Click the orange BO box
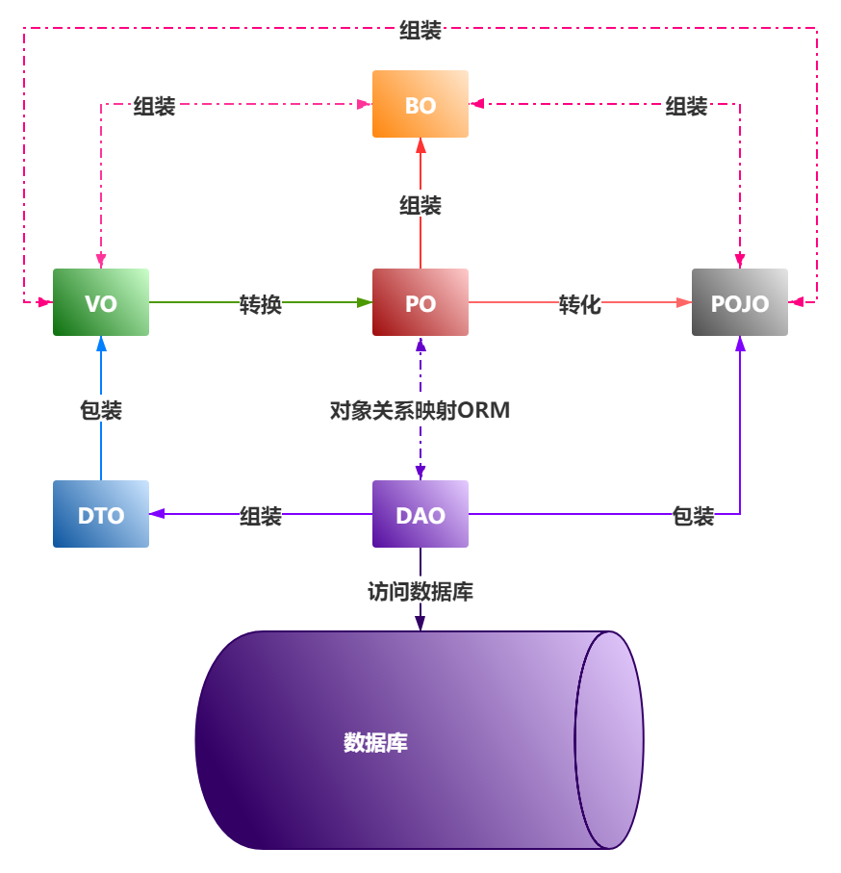420,104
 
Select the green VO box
101,302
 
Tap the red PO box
420,302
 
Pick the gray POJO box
740,302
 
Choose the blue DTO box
101,514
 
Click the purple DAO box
420,514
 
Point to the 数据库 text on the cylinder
375,742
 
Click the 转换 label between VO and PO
261,304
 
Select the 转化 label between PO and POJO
580,304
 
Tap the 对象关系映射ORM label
420,410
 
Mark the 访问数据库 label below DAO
420,590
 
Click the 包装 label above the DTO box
101,410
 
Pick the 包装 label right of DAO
693,516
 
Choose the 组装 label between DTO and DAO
261,516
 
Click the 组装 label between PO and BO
420,204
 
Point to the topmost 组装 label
420,30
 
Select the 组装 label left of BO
155,106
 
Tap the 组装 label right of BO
686,106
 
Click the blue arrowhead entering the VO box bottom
101,343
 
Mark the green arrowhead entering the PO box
365,302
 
